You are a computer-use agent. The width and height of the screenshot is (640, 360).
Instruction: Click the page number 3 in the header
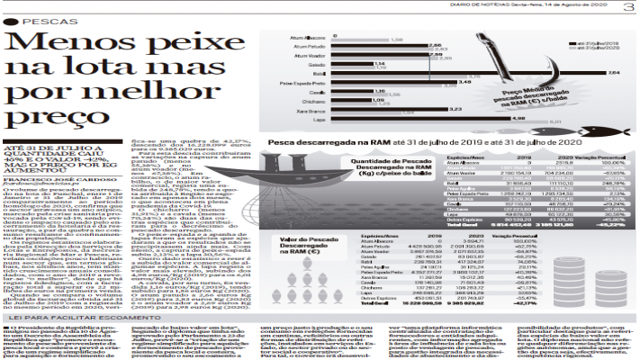pos(627,7)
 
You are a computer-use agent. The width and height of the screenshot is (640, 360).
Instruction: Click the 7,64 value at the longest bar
pos(614,73)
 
